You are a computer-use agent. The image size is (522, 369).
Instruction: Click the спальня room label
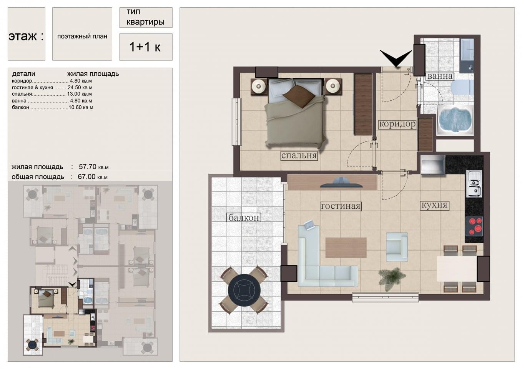(x=299, y=156)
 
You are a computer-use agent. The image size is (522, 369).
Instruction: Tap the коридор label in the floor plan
(x=397, y=124)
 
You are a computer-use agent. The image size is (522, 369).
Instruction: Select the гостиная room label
(x=341, y=206)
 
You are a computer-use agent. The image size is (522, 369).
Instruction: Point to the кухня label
(x=435, y=205)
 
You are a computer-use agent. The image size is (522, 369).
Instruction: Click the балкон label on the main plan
(x=244, y=218)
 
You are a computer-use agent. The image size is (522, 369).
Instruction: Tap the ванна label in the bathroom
(x=440, y=76)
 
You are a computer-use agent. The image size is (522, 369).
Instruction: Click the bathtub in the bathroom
(x=456, y=120)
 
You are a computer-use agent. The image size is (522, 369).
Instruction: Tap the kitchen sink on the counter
(x=474, y=184)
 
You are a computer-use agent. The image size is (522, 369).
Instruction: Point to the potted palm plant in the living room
(x=392, y=276)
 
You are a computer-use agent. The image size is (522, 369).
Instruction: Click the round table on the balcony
(x=244, y=290)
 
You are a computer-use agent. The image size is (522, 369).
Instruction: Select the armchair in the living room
(x=397, y=247)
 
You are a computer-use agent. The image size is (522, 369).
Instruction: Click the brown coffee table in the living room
(x=346, y=248)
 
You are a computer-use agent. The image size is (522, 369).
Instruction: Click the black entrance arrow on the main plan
(x=396, y=58)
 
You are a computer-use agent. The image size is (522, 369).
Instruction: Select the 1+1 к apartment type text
(x=145, y=47)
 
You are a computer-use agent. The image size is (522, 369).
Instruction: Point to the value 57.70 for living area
(x=88, y=167)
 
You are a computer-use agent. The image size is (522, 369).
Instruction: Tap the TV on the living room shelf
(x=341, y=183)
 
